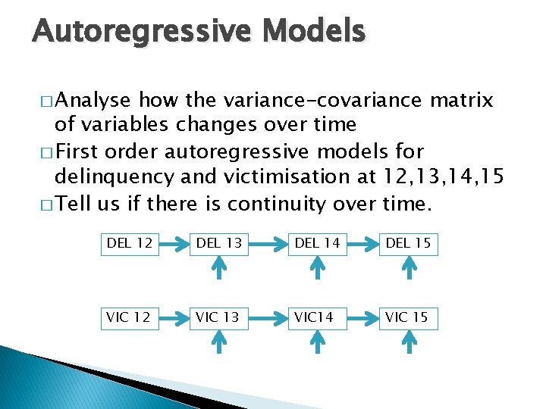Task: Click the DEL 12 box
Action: point(130,243)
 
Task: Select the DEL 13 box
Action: point(218,243)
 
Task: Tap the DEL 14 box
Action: point(317,243)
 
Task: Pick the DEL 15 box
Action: point(409,243)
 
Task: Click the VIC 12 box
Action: point(130,317)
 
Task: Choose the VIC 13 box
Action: point(218,317)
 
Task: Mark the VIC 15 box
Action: point(409,317)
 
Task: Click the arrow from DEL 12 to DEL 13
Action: point(174,244)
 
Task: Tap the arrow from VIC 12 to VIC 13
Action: point(174,317)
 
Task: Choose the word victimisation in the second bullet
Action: point(262,176)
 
